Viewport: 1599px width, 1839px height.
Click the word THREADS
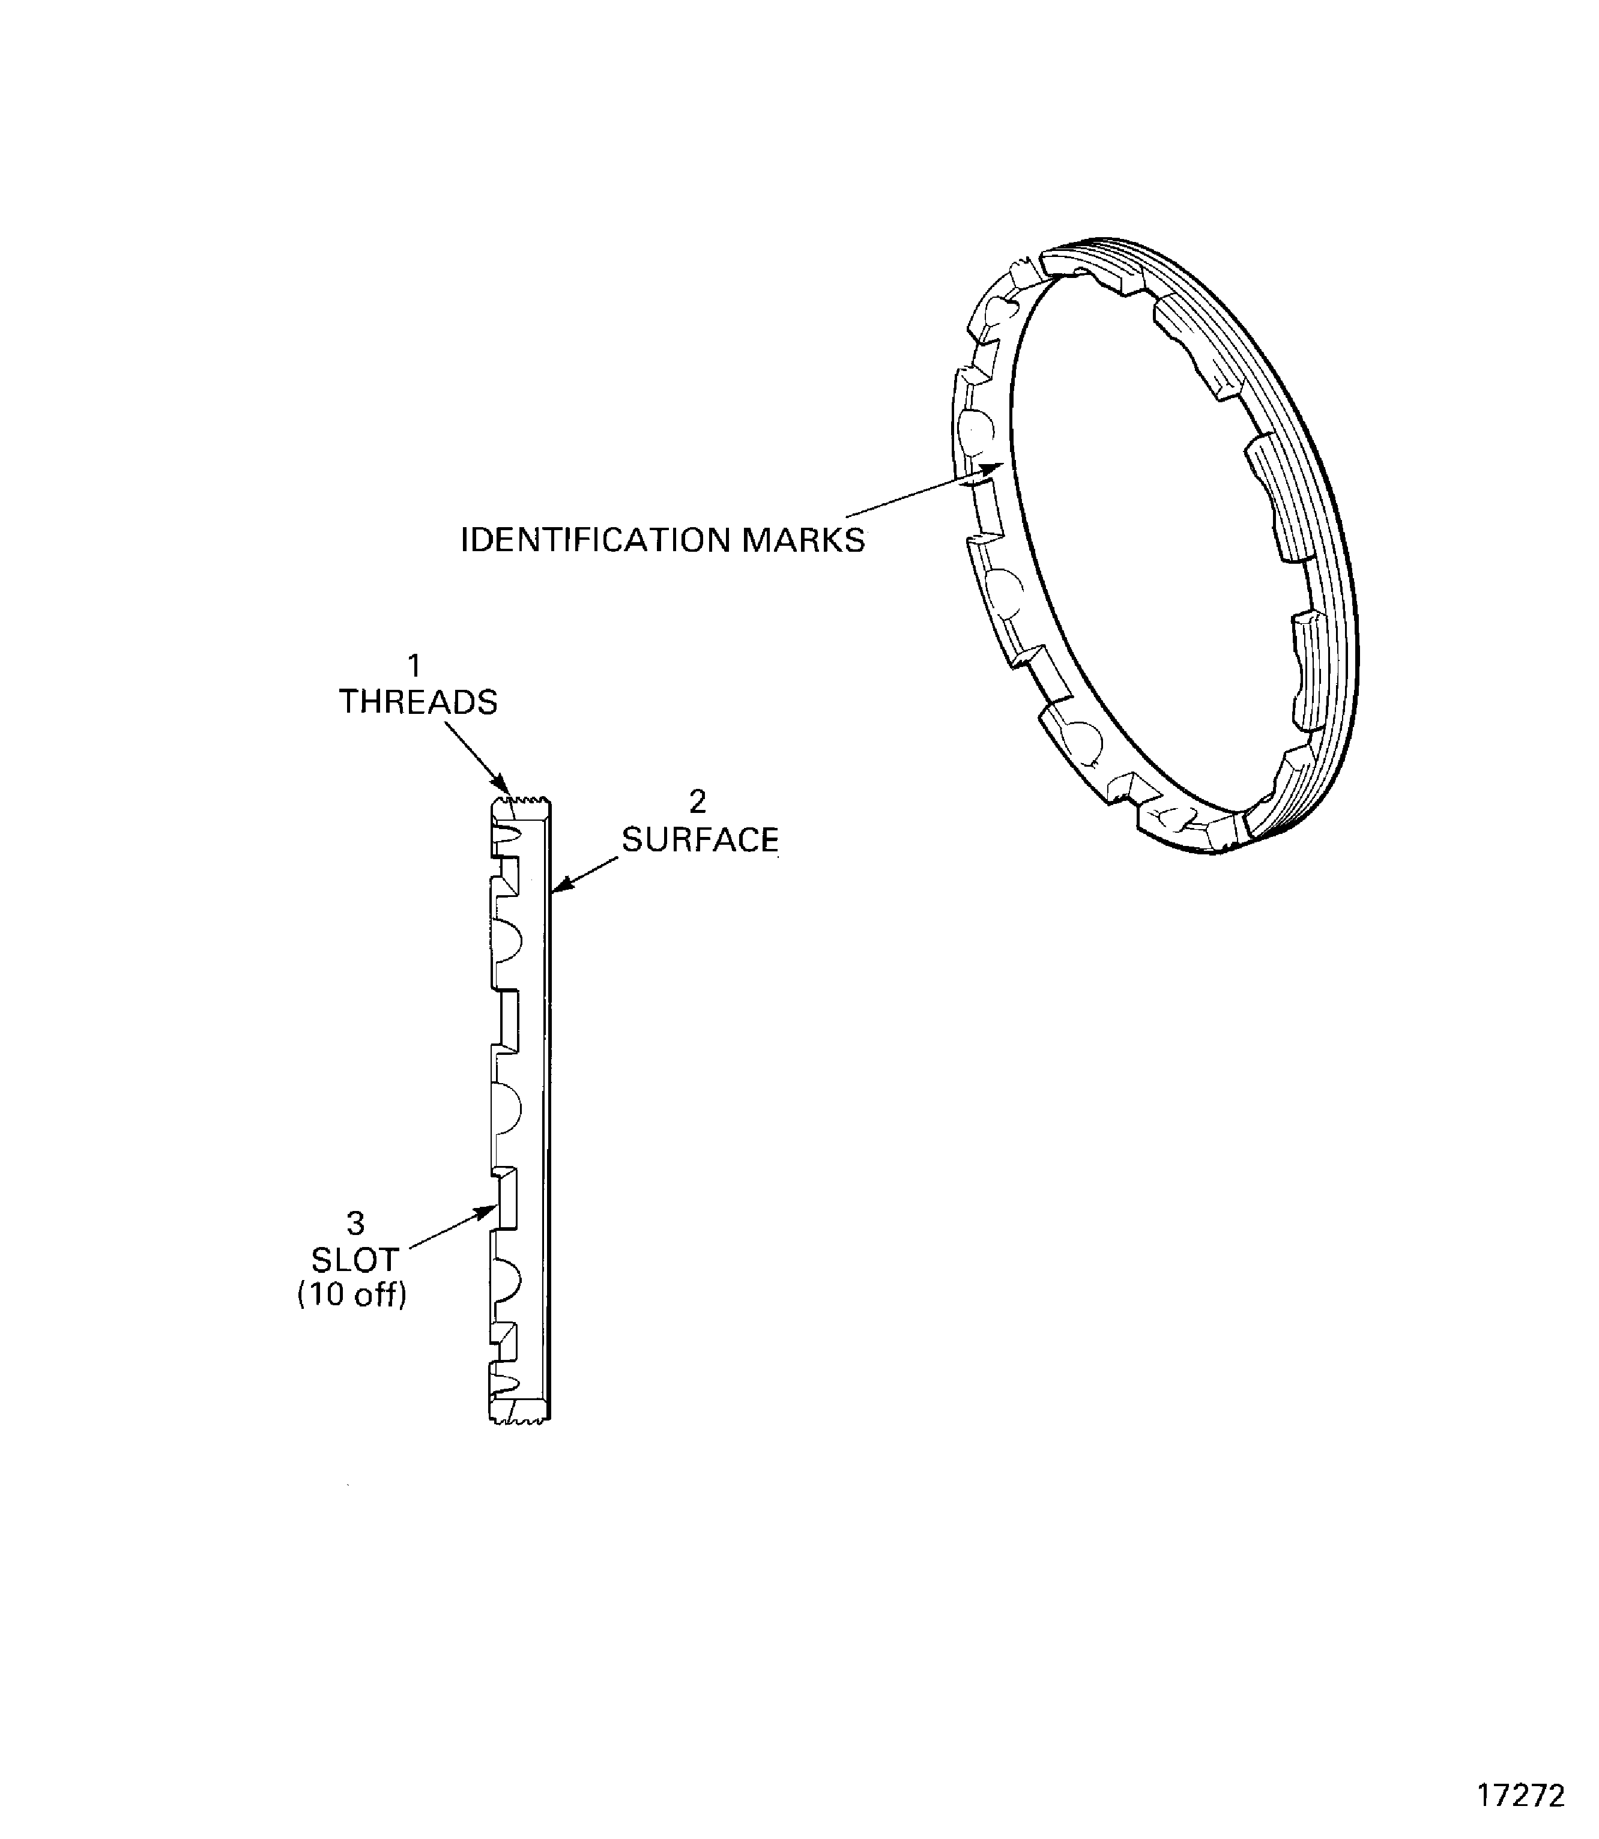pyautogui.click(x=417, y=702)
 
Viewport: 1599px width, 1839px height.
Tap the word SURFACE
pyautogui.click(x=700, y=839)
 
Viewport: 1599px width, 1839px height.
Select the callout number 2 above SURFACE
pyautogui.click(x=698, y=802)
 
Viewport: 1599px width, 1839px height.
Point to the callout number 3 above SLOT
pyautogui.click(x=355, y=1222)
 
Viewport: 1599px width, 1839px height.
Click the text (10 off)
pyautogui.click(x=352, y=1294)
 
